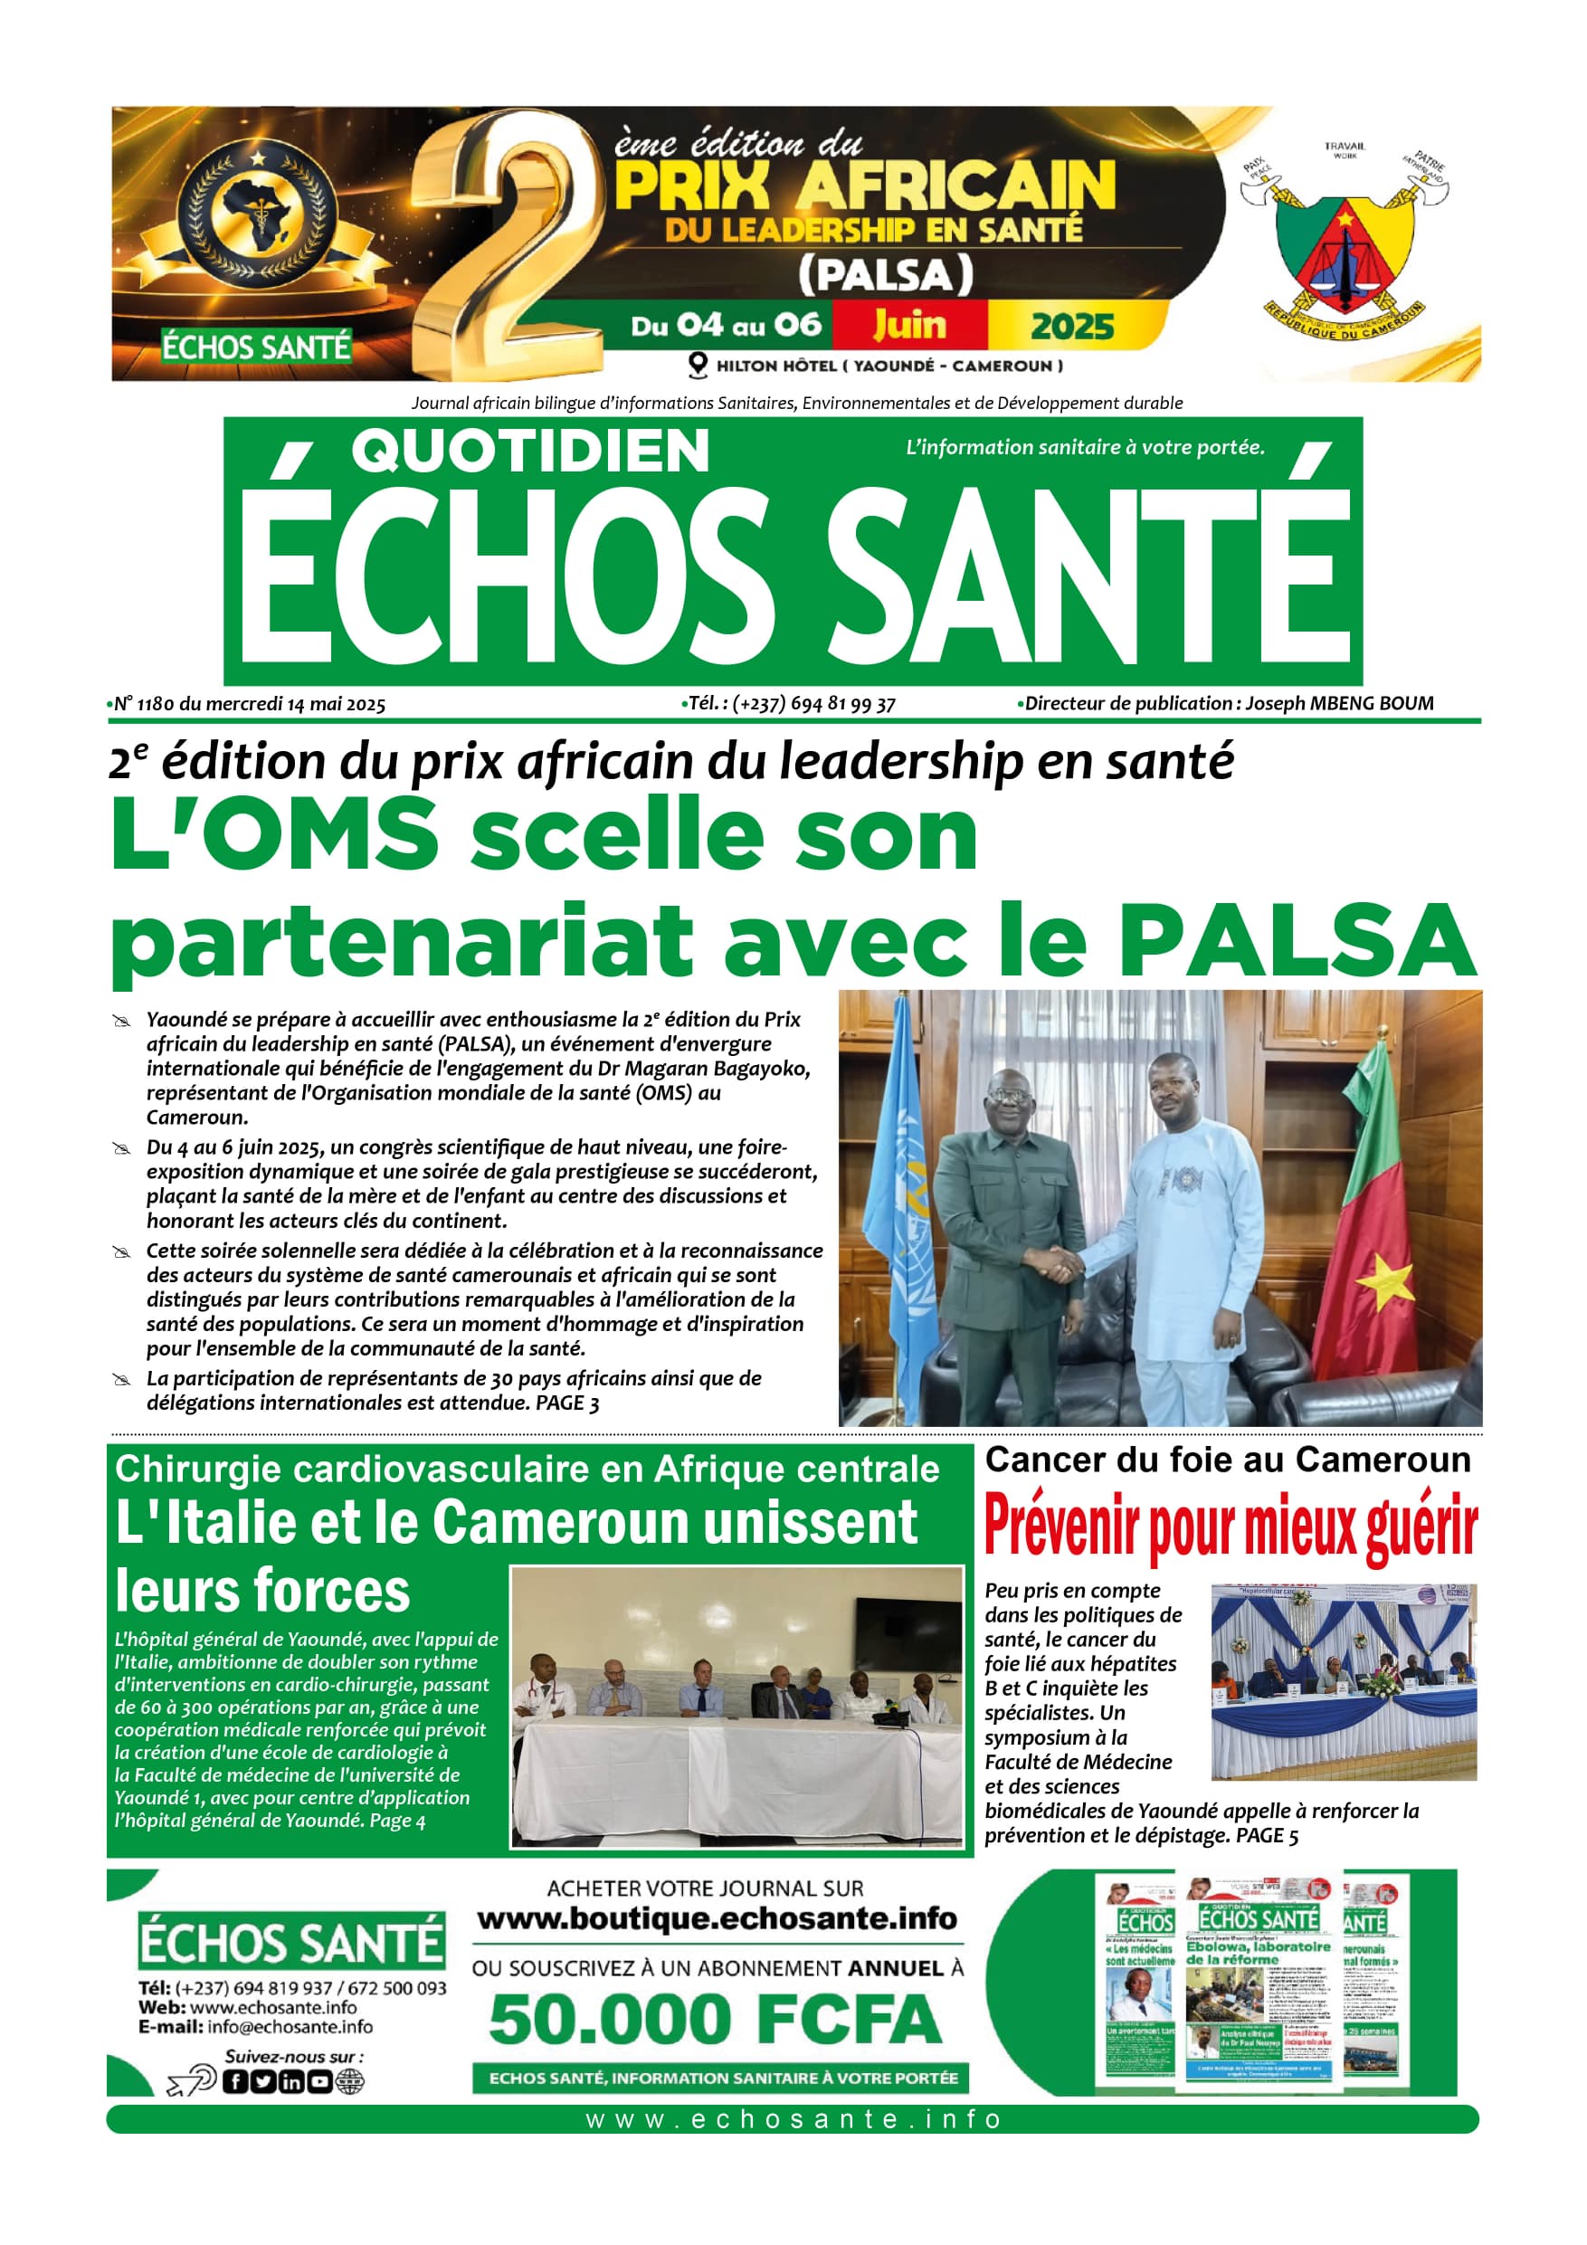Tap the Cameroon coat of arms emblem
[x=1345, y=244]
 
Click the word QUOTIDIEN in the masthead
[x=530, y=452]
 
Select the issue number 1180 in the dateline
[x=156, y=704]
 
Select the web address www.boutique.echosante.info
[x=717, y=1918]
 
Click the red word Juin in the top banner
[x=909, y=325]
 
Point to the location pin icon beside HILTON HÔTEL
[x=698, y=366]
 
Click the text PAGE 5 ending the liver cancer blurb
[x=1268, y=1835]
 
